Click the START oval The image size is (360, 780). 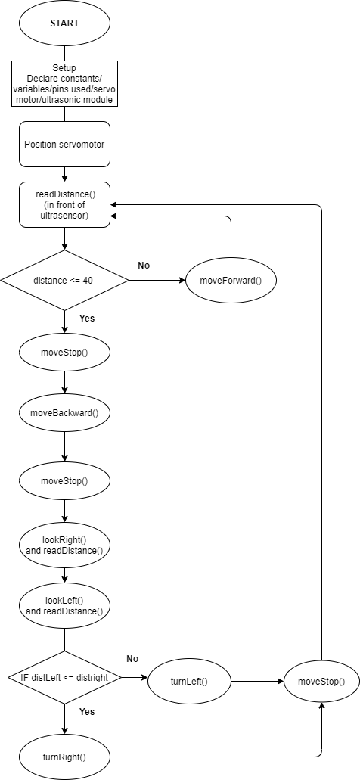click(64, 23)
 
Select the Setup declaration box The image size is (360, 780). click(64, 83)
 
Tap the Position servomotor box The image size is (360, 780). click(64, 145)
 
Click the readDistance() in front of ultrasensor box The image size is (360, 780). click(64, 204)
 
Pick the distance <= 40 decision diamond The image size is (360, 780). click(64, 280)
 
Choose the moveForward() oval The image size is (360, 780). click(231, 280)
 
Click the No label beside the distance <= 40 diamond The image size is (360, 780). click(144, 265)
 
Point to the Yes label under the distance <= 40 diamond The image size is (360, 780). click(87, 319)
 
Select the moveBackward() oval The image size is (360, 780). click(64, 413)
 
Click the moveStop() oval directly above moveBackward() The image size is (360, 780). click(64, 353)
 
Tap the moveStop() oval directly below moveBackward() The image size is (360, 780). click(64, 481)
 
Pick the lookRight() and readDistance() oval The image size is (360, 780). click(64, 545)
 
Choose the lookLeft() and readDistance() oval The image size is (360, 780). click(64, 606)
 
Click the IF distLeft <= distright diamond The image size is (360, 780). click(64, 678)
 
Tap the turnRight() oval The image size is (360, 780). click(64, 757)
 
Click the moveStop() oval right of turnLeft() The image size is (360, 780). click(321, 682)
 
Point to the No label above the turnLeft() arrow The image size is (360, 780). click(132, 659)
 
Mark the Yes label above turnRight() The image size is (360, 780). click(87, 712)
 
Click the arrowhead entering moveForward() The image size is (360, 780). click(182, 280)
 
